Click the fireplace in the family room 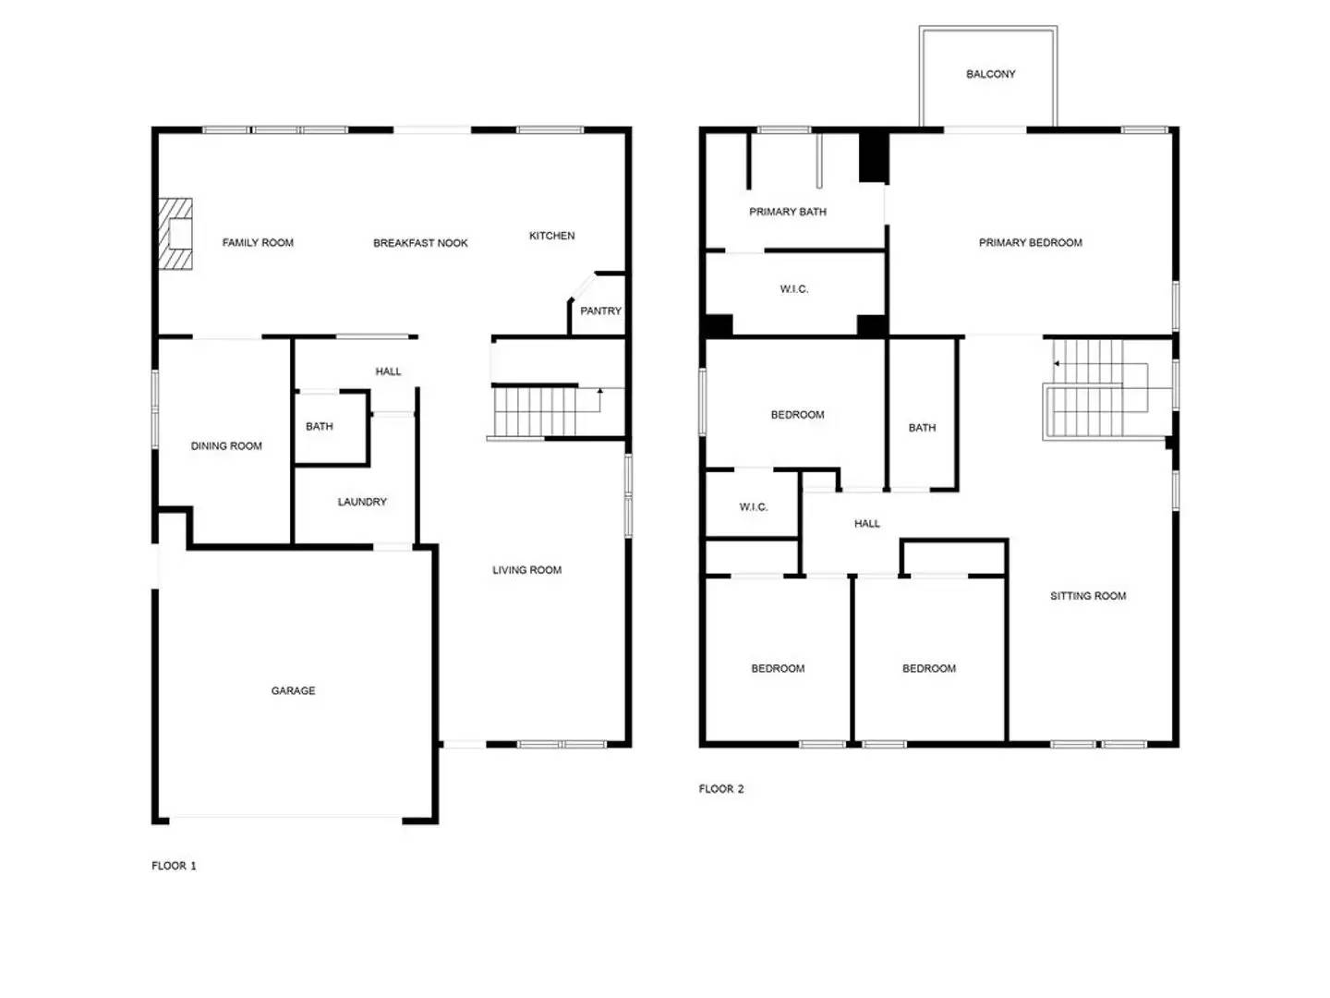[x=175, y=233]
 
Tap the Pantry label [x=599, y=310]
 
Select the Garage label [x=293, y=690]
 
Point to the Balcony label [x=990, y=74]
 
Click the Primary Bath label [x=787, y=212]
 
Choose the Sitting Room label [x=1088, y=596]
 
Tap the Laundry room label [x=362, y=502]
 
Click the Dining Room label [x=226, y=446]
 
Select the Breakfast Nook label [x=420, y=243]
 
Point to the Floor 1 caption [x=174, y=866]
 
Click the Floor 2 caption [x=721, y=789]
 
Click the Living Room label [x=526, y=569]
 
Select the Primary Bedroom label [x=1030, y=242]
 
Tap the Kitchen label [x=551, y=236]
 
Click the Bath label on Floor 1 [x=320, y=427]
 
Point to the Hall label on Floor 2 [x=866, y=524]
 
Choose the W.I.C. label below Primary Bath [x=793, y=289]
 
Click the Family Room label [x=258, y=242]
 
